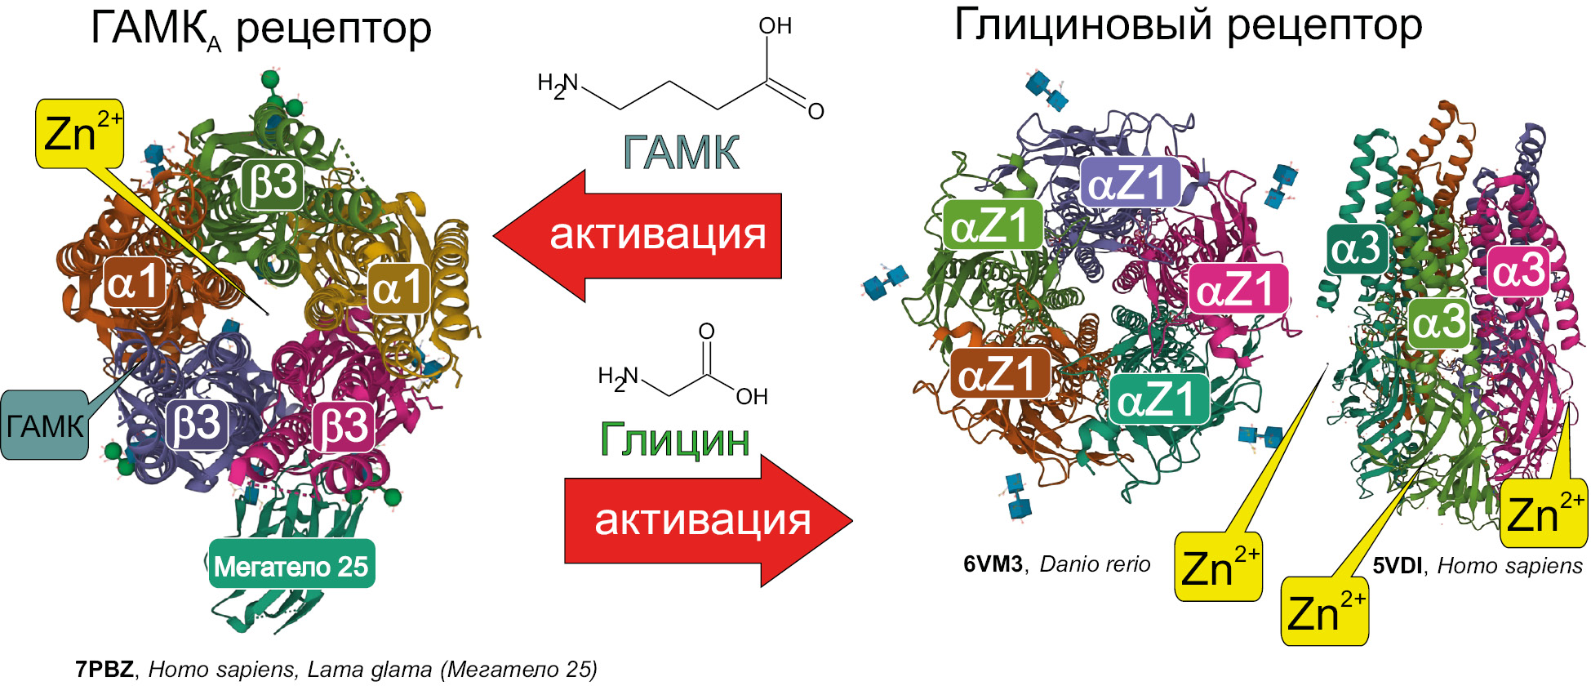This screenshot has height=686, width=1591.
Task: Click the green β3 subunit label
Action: coord(273,184)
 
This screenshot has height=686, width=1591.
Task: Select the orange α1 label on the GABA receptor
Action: coord(136,283)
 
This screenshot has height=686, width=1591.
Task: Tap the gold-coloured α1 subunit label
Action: coord(399,287)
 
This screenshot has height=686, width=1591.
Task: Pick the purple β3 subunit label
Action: coord(197,423)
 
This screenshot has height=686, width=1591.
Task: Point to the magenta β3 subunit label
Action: coord(344,426)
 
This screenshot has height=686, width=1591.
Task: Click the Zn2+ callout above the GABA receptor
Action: coord(80,134)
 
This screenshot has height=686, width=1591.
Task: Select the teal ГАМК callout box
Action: coord(44,425)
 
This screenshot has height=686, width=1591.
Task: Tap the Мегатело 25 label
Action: coord(291,564)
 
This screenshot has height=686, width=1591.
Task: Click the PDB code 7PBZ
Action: coord(104,670)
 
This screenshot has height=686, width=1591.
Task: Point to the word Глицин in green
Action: coord(675,440)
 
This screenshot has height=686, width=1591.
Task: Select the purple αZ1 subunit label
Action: coord(1130,182)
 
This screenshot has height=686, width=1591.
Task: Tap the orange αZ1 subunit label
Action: coord(1001,373)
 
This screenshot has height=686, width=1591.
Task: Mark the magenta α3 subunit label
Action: coord(1518,271)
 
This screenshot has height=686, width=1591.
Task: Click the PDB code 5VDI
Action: coord(1398,566)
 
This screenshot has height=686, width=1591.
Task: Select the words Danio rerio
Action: coord(1095,564)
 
